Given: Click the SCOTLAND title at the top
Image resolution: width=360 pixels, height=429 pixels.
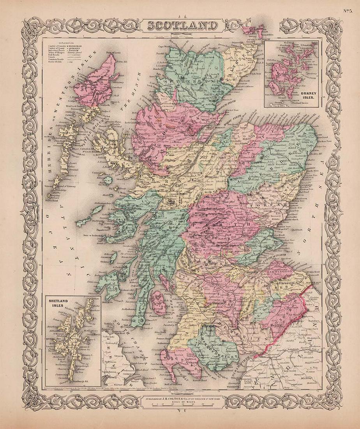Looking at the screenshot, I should tap(182, 26).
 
